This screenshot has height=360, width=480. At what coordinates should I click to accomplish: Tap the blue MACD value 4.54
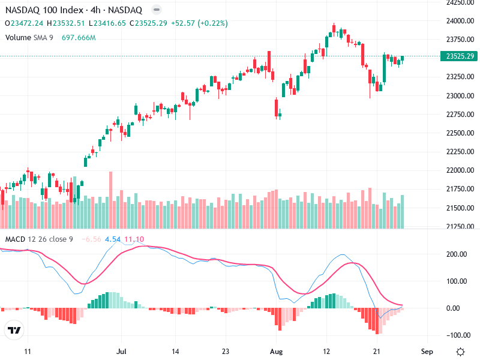pyautogui.click(x=113, y=239)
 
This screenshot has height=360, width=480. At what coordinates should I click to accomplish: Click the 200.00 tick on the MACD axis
pyautogui.click(x=458, y=254)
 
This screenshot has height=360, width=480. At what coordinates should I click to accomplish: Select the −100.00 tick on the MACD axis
pyautogui.click(x=457, y=335)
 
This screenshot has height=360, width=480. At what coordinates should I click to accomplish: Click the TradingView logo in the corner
pyautogui.click(x=14, y=331)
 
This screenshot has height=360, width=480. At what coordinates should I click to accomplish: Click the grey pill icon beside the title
pyautogui.click(x=156, y=10)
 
